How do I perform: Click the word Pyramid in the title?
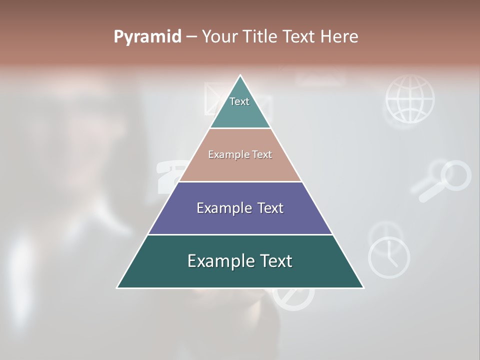click(147, 37)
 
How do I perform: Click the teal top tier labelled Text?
click(240, 107)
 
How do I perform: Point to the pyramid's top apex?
click(240, 76)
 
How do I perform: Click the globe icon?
click(409, 99)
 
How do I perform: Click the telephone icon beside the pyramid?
click(167, 177)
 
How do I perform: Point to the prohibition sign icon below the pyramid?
click(293, 298)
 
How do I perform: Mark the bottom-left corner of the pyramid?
click(117, 287)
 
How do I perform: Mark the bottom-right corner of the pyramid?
click(363, 287)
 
